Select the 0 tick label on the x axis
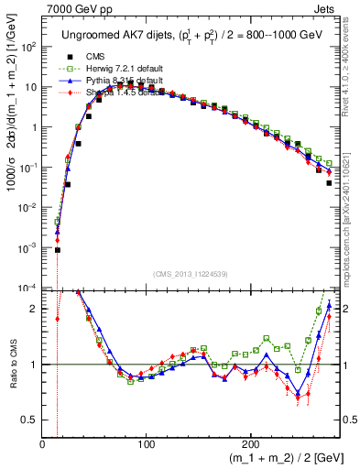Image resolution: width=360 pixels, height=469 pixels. pyautogui.click(x=43, y=444)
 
